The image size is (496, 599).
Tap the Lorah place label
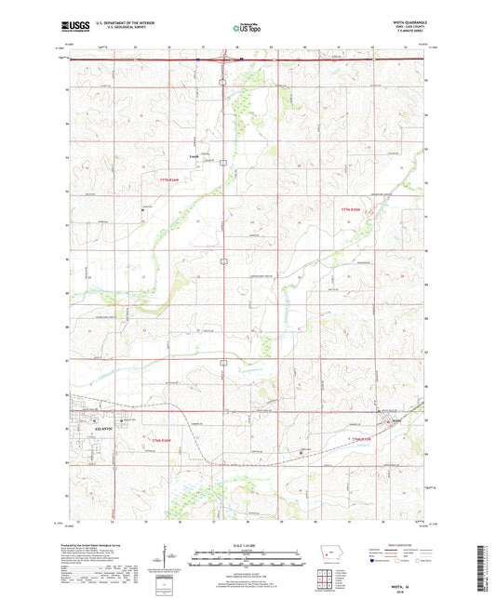pyautogui.click(x=195, y=156)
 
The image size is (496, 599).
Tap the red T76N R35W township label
pyautogui.click(x=359, y=438)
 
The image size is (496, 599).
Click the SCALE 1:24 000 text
pyautogui.click(x=247, y=545)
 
